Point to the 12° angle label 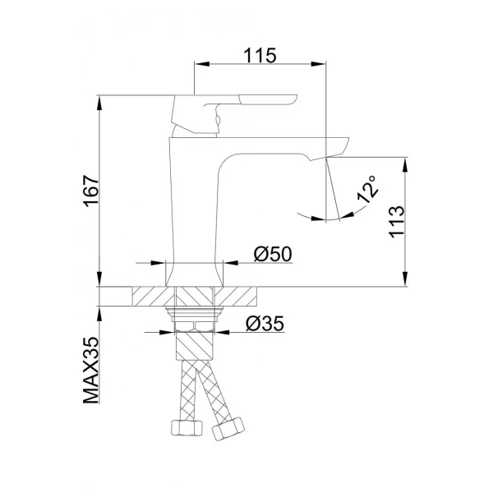[366, 189]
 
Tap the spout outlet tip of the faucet [337, 150]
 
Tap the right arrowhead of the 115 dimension [323, 63]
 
